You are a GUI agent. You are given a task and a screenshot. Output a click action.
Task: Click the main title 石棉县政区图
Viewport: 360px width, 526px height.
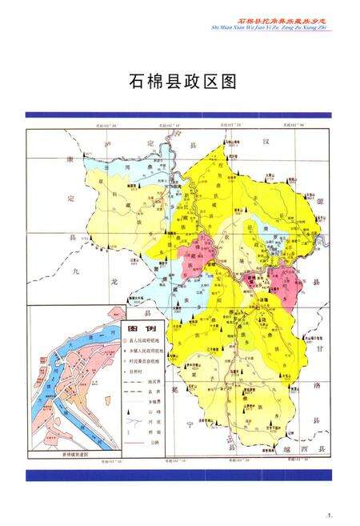[182, 81]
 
